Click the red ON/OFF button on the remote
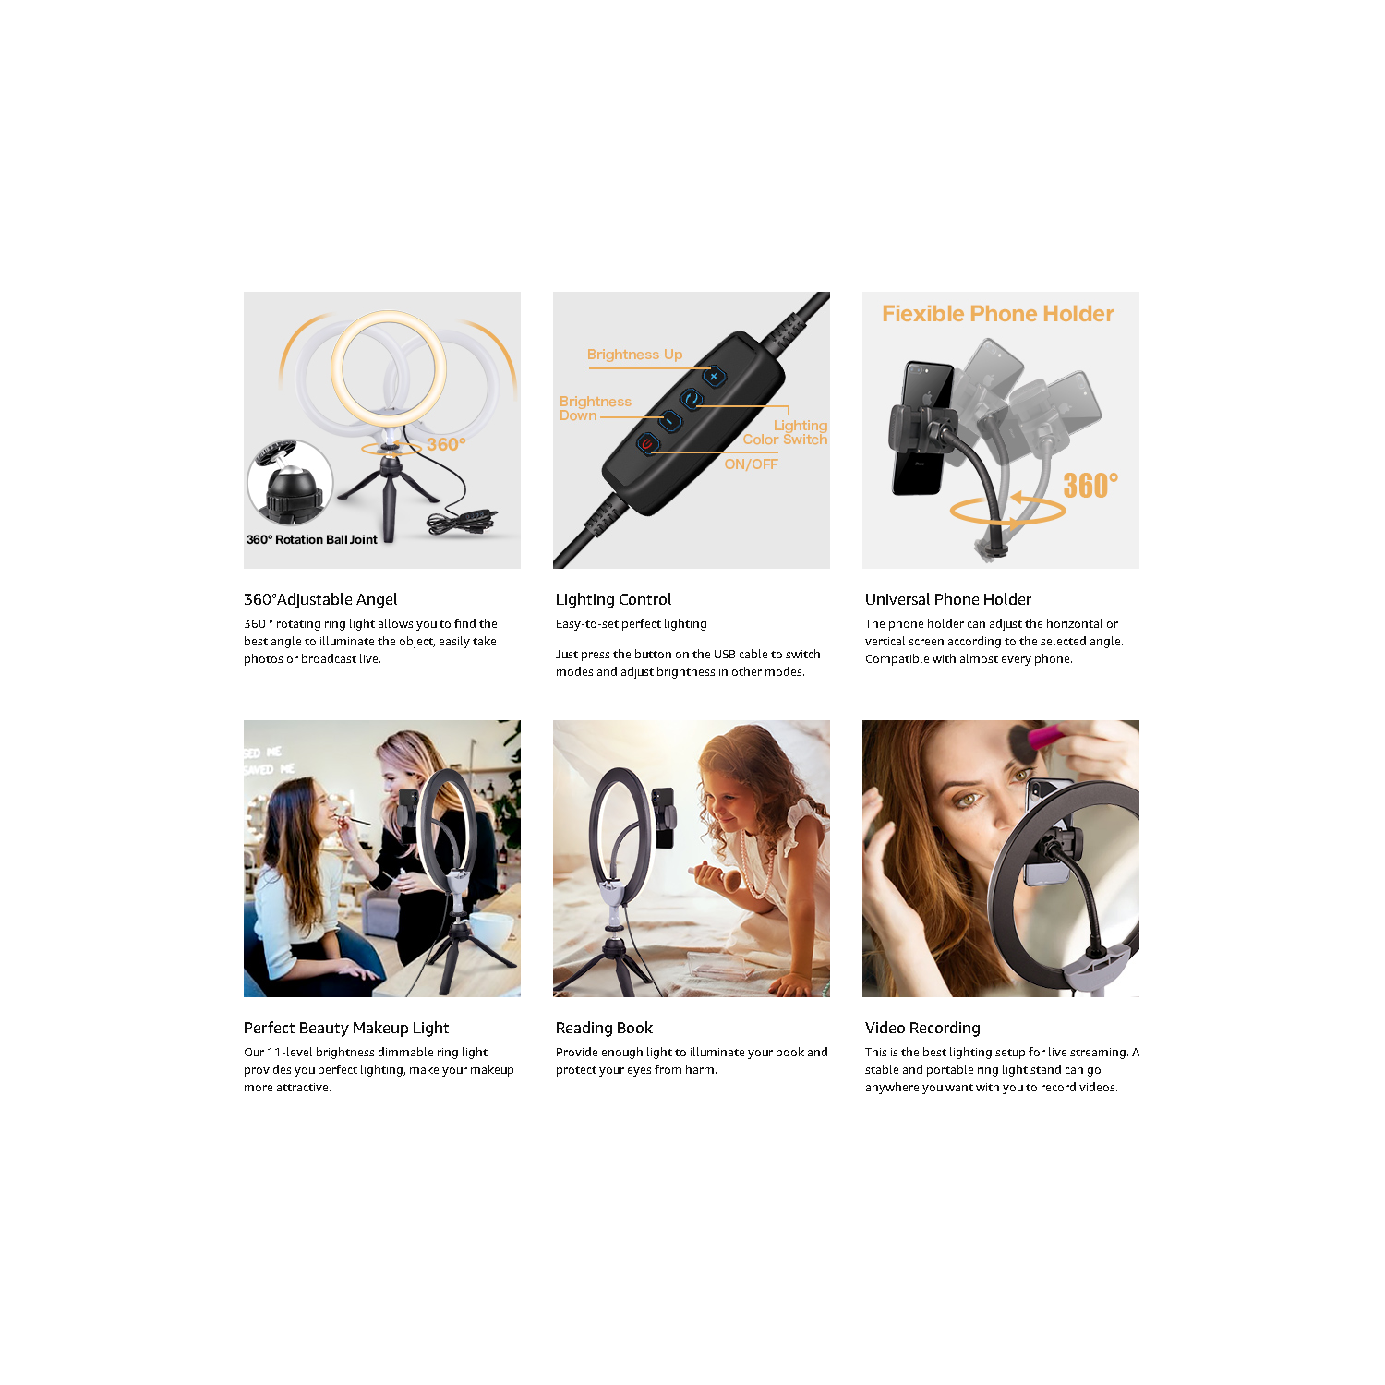(647, 445)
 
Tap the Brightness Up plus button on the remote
(713, 377)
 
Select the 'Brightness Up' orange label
(634, 355)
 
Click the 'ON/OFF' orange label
(751, 464)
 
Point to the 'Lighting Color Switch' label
(786, 433)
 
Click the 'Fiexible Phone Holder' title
(997, 314)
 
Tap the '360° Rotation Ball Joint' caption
(311, 540)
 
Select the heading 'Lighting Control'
(613, 600)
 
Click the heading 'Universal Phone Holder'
(947, 600)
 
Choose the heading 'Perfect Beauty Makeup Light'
(346, 1029)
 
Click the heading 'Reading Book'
(604, 1029)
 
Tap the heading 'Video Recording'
(922, 1029)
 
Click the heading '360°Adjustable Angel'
(320, 600)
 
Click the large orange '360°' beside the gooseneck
(1090, 486)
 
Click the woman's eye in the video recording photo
(967, 800)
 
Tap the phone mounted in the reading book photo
(663, 818)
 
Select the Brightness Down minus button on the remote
(669, 421)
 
